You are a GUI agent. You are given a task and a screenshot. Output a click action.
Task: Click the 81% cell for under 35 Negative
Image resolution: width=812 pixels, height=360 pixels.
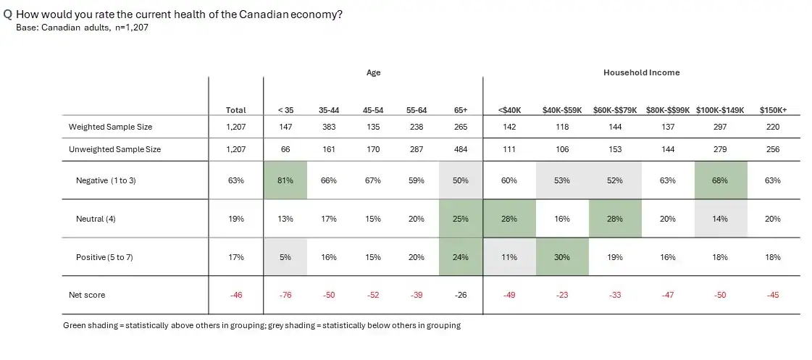point(285,180)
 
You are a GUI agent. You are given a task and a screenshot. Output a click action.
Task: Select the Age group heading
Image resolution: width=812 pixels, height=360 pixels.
point(373,73)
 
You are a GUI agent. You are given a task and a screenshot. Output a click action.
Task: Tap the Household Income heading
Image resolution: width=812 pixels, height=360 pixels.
point(641,73)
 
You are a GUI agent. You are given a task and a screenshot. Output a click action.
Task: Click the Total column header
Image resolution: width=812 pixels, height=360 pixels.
point(235,110)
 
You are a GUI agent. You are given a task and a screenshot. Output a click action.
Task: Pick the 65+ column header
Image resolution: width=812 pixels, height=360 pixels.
point(461,110)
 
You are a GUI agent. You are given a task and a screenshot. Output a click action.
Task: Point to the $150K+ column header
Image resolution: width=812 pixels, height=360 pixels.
point(773,110)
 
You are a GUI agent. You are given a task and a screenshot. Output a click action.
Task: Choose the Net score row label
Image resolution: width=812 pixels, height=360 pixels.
point(87,296)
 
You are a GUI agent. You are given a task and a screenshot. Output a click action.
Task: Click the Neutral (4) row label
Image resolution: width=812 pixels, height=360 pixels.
point(96,219)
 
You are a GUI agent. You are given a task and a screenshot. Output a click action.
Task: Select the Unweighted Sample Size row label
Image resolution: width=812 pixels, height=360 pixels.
point(115,150)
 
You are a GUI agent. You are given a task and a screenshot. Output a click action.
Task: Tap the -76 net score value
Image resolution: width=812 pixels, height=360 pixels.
point(285,296)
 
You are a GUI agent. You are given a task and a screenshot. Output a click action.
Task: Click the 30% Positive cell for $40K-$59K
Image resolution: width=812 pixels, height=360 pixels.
point(562,257)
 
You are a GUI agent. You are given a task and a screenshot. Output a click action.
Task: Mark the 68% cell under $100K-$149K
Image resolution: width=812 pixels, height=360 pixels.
point(720,180)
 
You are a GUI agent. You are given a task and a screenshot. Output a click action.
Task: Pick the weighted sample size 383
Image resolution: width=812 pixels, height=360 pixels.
point(329,127)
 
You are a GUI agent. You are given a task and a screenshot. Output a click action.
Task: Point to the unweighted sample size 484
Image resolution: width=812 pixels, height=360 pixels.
point(461,150)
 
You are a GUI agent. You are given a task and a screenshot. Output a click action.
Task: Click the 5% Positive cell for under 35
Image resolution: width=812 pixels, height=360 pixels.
point(285,257)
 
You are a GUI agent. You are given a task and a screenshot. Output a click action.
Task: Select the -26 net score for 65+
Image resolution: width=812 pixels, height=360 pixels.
point(461,296)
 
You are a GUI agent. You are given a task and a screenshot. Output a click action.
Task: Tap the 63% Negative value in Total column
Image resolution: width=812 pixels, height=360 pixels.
point(235,181)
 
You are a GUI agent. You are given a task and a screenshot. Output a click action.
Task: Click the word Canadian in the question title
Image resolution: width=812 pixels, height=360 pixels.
point(264,14)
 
